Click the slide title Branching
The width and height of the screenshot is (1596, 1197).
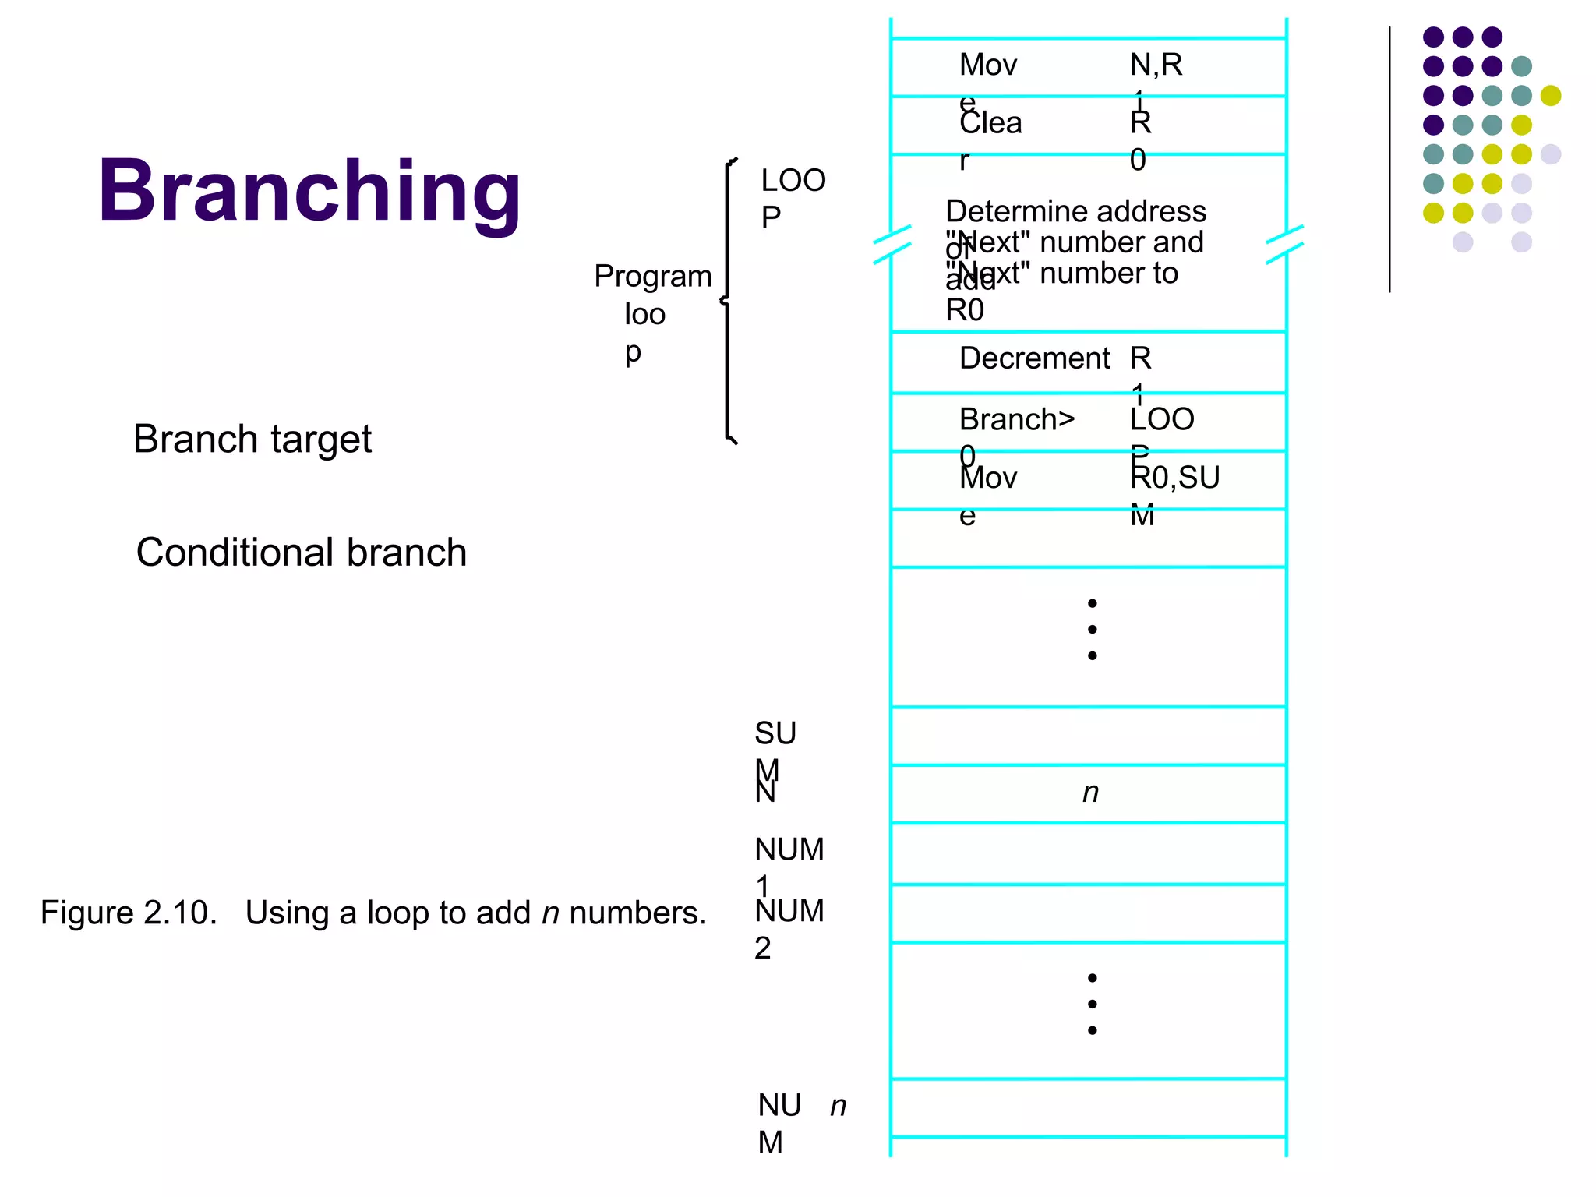pos(309,192)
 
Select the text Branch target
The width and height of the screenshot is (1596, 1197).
pos(252,440)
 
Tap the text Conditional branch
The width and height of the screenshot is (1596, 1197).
pos(301,553)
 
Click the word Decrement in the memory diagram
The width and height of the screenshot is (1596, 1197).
pos(1034,358)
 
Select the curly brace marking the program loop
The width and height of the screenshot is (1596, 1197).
pos(728,301)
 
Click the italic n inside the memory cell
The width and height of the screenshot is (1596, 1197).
pos(1090,793)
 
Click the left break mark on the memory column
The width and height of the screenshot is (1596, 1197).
pos(892,244)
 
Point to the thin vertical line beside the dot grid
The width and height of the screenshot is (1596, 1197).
pos(1389,160)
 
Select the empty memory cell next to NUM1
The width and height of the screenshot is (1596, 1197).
pos(1088,853)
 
